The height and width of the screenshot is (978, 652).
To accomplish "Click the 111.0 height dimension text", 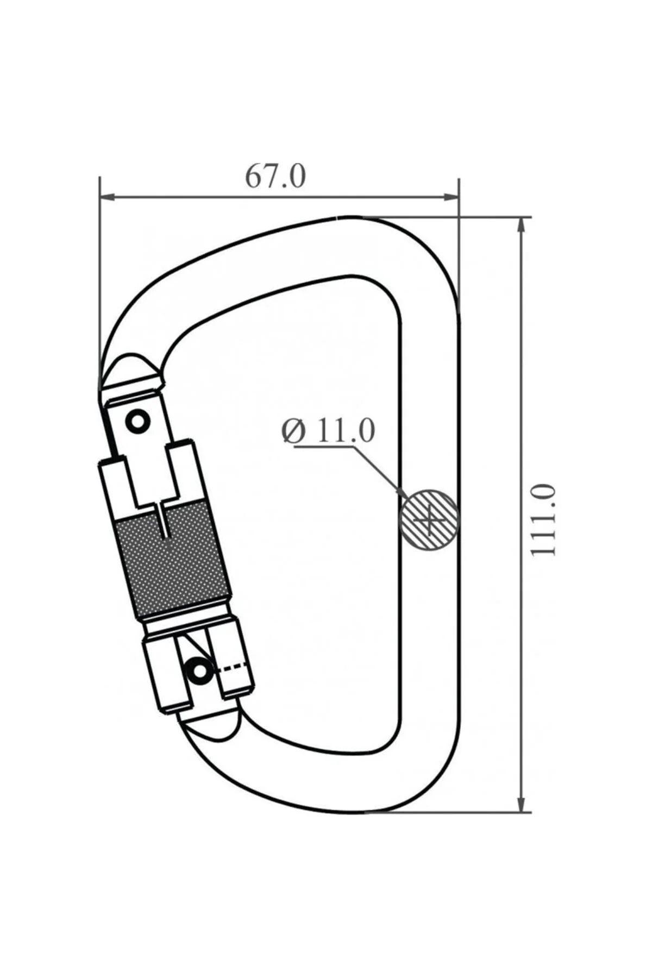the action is [x=544, y=520].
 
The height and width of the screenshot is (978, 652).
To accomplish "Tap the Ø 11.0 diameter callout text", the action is [x=329, y=431].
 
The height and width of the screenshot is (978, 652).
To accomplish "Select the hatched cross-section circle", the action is [x=429, y=520].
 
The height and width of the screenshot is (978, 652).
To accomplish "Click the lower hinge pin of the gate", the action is [x=199, y=672].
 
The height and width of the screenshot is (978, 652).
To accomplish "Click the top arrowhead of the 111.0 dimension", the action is [x=522, y=225].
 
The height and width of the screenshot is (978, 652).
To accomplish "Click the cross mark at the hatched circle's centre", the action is [x=429, y=521].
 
